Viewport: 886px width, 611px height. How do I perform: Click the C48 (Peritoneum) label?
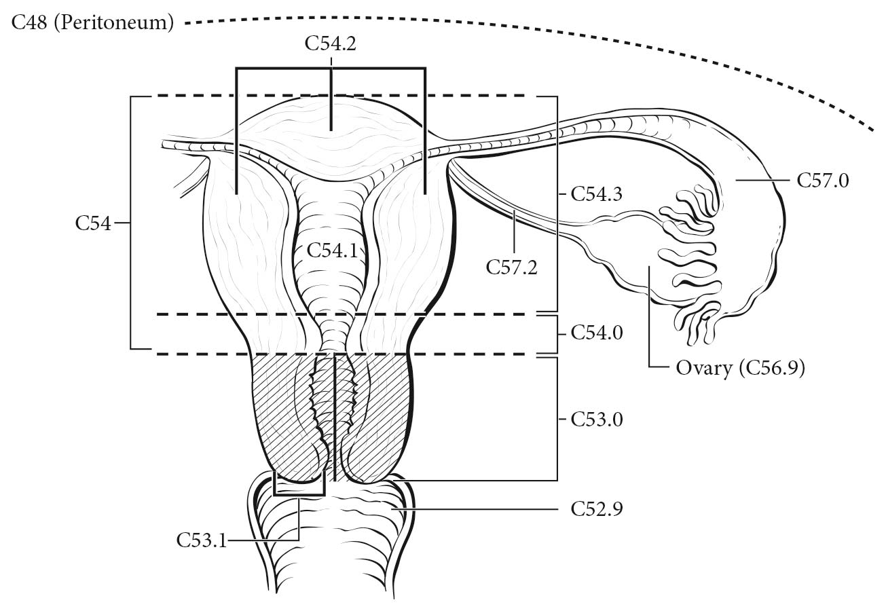(92, 23)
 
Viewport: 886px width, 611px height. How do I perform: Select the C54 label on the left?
(93, 223)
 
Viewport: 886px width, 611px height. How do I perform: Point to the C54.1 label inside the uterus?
(332, 251)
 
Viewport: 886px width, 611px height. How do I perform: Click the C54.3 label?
(597, 193)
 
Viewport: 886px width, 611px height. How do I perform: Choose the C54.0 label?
(597, 333)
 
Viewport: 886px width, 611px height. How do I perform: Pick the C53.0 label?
(597, 420)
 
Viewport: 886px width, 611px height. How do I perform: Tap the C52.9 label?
(597, 508)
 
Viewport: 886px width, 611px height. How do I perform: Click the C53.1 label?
(202, 540)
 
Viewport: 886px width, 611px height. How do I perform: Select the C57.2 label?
(511, 267)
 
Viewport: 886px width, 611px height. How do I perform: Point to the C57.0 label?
(823, 181)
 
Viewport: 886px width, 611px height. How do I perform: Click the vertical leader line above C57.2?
(514, 232)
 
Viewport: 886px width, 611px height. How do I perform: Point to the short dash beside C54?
(122, 223)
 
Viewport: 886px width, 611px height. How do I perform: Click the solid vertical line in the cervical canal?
(335, 418)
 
